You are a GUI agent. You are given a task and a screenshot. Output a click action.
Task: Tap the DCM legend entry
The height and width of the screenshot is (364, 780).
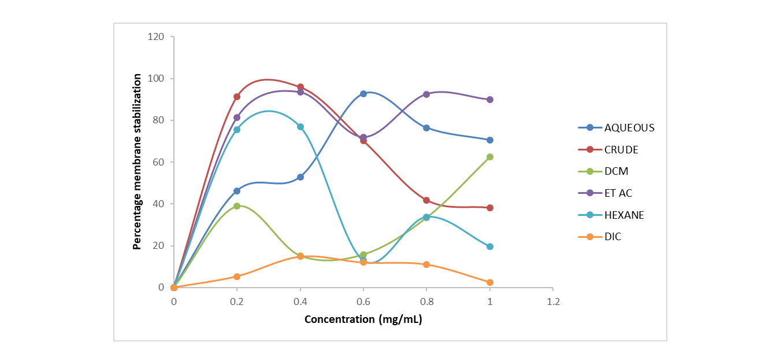[x=616, y=171]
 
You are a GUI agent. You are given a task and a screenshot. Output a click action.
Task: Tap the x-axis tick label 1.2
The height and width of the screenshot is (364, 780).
[x=553, y=302]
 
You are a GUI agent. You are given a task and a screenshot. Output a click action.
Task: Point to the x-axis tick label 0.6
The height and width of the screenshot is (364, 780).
[x=363, y=302]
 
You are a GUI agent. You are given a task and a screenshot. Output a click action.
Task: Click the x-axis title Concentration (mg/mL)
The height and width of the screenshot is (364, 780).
[x=363, y=319]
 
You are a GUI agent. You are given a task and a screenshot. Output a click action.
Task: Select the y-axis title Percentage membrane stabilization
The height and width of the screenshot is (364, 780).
[x=138, y=161]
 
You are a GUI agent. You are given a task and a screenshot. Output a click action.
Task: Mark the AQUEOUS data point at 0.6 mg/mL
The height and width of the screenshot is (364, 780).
[x=363, y=94]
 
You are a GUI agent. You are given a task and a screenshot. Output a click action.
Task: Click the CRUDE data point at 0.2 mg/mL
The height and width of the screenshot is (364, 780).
[x=237, y=97]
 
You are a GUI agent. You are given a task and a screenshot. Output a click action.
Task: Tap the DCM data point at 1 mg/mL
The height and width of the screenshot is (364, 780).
[x=490, y=157]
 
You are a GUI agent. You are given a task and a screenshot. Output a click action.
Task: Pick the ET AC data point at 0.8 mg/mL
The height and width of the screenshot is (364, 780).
[x=426, y=94]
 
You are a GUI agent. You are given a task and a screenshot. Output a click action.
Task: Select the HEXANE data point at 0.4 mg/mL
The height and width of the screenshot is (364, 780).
[x=300, y=127]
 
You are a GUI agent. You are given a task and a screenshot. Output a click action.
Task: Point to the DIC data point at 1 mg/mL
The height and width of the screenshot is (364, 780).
[x=490, y=282]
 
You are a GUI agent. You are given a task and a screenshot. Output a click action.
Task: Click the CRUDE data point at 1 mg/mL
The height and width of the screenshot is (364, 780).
[x=490, y=208]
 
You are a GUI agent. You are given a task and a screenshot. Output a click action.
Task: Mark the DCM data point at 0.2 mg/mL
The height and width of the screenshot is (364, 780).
[x=237, y=206]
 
